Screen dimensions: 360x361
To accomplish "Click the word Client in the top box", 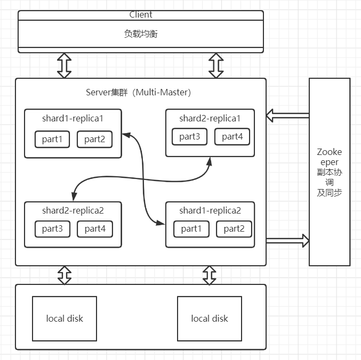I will [x=141, y=15].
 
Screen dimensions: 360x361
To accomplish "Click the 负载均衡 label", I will [x=141, y=34].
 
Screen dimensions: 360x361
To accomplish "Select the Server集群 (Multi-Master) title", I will [x=139, y=92].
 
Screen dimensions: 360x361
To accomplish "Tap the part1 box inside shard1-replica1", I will [x=52, y=140].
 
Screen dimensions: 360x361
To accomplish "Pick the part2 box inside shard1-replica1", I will [x=94, y=140].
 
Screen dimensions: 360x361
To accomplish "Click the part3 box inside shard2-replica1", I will [x=190, y=137].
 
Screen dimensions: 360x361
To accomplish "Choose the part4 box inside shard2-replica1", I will [x=232, y=137].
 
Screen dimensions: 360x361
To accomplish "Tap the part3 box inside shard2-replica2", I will [x=52, y=230].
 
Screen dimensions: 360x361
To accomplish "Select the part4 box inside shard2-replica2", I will [x=94, y=230].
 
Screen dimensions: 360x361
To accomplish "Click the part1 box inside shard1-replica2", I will [x=191, y=229].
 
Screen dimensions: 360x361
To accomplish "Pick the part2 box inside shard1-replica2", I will [x=234, y=229].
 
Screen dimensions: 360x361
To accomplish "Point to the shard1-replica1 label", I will [x=73, y=118].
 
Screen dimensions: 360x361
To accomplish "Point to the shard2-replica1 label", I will [x=210, y=118].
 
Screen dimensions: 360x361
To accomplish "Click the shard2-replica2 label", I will [x=73, y=210].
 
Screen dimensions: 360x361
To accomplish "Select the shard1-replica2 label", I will [x=210, y=210].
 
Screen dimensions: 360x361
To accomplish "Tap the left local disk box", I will [x=65, y=318].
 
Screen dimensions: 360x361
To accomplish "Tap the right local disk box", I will [x=209, y=318].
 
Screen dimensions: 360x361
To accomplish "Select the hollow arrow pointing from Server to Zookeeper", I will [x=288, y=241].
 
